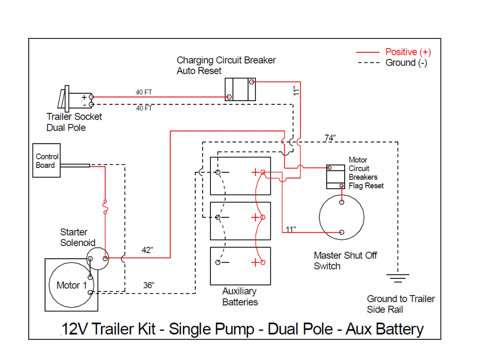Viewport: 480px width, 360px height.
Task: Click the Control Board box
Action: (46, 160)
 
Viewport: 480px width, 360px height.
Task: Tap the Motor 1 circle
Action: (71, 285)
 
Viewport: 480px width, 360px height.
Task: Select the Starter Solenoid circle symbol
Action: (98, 258)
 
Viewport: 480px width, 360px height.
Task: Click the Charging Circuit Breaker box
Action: (240, 89)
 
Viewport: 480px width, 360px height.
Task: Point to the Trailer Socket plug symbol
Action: (67, 99)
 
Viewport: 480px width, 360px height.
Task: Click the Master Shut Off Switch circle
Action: (342, 217)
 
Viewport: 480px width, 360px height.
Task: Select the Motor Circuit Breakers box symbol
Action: (336, 177)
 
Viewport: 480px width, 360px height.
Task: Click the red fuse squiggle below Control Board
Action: (105, 207)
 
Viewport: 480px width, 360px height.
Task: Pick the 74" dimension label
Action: (330, 138)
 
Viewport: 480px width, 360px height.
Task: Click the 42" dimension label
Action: (147, 250)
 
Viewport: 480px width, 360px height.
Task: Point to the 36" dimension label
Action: (149, 285)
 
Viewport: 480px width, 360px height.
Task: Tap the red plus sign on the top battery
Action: (255, 172)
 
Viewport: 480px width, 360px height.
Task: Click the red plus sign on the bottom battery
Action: (255, 262)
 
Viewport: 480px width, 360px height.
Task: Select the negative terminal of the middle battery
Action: (218, 217)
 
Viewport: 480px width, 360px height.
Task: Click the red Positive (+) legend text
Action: (408, 52)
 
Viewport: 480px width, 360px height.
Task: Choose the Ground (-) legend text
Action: (406, 63)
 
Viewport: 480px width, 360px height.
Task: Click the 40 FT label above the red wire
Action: (144, 92)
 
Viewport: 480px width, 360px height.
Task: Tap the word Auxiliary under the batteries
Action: (239, 291)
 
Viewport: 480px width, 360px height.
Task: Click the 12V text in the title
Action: (75, 329)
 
